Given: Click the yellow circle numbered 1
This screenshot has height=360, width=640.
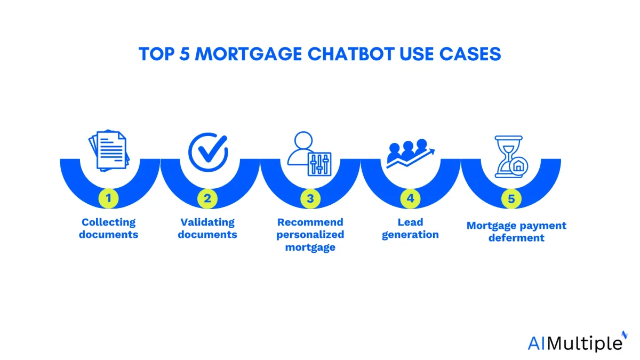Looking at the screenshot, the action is click(x=109, y=198).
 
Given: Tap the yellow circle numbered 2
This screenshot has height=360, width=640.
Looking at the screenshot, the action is click(x=207, y=198).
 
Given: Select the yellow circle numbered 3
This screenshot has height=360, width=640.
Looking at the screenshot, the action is click(x=310, y=198).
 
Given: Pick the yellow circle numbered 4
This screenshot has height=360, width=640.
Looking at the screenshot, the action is click(x=410, y=198).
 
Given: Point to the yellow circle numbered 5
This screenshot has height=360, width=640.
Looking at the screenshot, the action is click(x=511, y=198).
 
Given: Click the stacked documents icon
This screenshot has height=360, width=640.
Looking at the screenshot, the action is click(x=109, y=150).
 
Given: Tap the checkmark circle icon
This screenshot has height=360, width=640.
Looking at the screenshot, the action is click(x=208, y=152).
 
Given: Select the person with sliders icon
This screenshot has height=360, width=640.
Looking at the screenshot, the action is click(x=309, y=154).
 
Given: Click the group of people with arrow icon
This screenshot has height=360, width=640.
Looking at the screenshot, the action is click(x=410, y=153).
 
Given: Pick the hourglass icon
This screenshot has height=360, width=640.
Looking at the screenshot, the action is click(x=511, y=157).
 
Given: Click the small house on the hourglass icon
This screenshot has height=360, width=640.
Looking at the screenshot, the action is click(x=518, y=166).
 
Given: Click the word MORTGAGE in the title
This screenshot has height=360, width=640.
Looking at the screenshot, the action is click(x=249, y=54).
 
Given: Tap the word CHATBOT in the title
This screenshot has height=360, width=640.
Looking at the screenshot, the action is click(x=351, y=54).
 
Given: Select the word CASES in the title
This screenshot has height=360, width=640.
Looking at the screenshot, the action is click(x=470, y=54).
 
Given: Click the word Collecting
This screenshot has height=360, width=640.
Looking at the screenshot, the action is click(x=109, y=222).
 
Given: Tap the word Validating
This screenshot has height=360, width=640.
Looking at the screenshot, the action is click(x=207, y=222).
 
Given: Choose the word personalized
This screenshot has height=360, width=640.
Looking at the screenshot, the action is click(x=310, y=235).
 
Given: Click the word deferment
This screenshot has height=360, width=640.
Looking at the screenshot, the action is click(x=516, y=238).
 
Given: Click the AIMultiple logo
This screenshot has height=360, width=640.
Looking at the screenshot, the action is click(x=577, y=342).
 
